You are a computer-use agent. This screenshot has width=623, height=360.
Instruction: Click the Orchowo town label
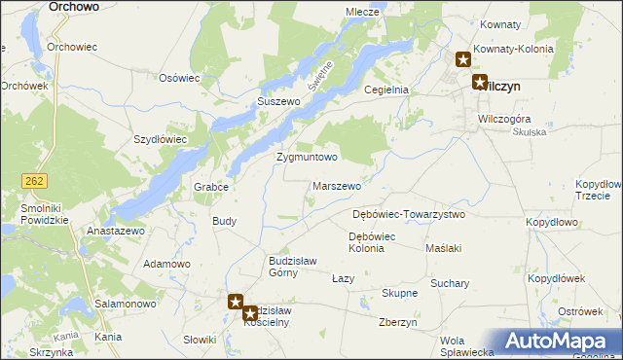pyautogui.click(x=73, y=6)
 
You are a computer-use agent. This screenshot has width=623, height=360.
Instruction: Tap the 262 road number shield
pyautogui.click(x=35, y=180)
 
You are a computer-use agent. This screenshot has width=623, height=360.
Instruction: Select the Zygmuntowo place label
pyautogui.click(x=307, y=157)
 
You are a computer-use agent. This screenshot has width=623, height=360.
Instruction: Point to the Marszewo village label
pyautogui.click(x=338, y=185)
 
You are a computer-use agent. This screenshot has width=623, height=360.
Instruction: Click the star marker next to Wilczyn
pyautogui.click(x=480, y=83)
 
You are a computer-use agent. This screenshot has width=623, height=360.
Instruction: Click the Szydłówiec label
pyautogui.click(x=160, y=139)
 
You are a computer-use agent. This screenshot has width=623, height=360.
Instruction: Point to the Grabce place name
pyautogui.click(x=211, y=187)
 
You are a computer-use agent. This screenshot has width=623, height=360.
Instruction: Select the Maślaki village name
pyautogui.click(x=443, y=248)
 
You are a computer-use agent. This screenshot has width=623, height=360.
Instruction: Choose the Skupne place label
pyautogui.click(x=399, y=293)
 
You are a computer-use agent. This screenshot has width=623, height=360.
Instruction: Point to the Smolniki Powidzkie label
pyautogui.click(x=38, y=213)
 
